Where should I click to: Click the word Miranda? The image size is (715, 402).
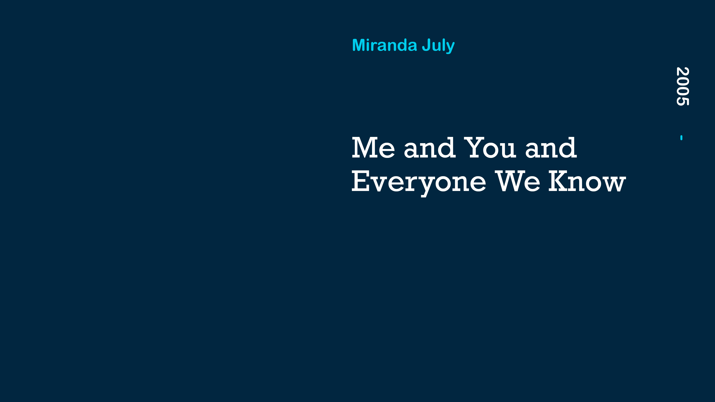[384, 45]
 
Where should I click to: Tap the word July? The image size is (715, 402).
[438, 46]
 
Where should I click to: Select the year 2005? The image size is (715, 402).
[683, 86]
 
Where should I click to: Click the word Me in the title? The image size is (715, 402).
[373, 148]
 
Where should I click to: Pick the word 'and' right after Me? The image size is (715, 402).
[430, 148]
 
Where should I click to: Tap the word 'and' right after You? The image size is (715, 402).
[551, 148]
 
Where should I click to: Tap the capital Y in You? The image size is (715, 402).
[475, 148]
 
